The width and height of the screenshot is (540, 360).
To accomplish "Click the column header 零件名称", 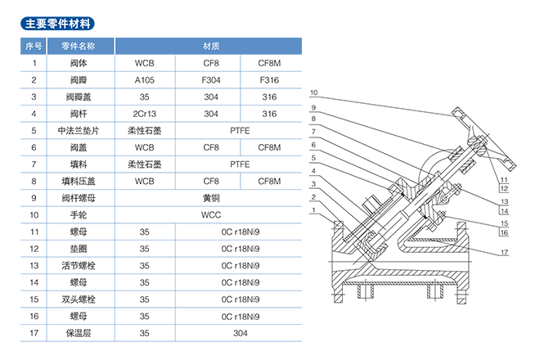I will (79, 46).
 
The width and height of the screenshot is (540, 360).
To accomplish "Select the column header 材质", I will (208, 46).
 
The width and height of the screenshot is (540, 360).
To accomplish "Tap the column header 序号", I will (34, 46).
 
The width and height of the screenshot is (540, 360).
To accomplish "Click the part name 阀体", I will (79, 63).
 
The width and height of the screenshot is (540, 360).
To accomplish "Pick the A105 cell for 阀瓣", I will (145, 80).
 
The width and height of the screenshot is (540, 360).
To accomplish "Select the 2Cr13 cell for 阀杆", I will (145, 114).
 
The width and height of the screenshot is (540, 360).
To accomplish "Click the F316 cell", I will (270, 80).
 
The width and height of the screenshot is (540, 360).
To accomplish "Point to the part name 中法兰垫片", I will (79, 131).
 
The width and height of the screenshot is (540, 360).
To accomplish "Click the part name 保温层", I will (79, 333).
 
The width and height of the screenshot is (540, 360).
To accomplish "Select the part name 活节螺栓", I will (79, 265).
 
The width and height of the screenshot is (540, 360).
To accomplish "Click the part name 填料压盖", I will (79, 181).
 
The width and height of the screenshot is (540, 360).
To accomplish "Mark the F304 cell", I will (211, 80).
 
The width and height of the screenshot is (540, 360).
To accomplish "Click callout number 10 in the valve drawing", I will (313, 92).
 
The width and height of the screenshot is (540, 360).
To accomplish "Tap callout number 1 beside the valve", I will (313, 210).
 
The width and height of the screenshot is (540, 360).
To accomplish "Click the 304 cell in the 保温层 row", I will (240, 333).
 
